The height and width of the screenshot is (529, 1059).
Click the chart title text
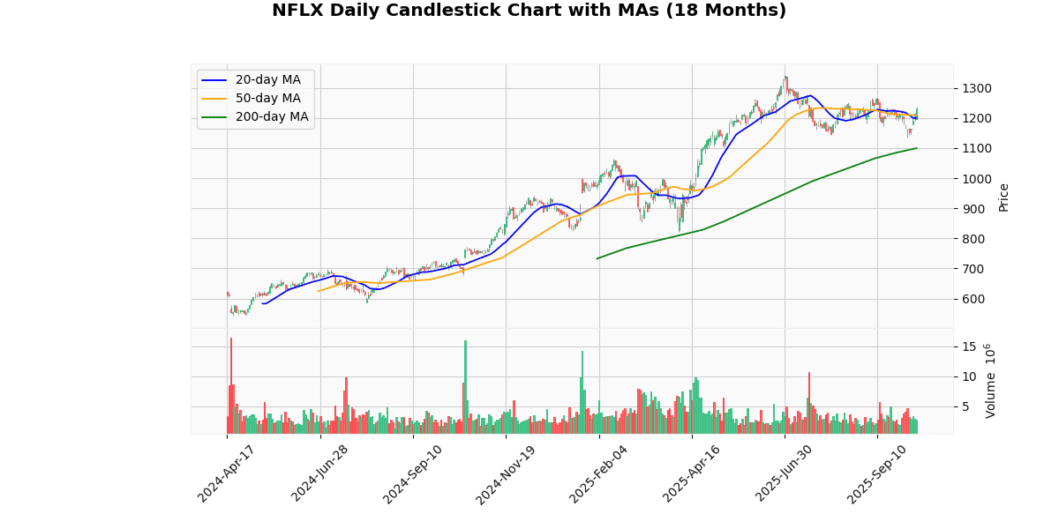tap(529, 11)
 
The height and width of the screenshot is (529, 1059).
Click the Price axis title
tap(1003, 197)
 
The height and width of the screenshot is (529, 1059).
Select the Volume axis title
tap(990, 381)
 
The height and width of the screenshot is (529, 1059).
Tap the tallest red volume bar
tap(231, 385)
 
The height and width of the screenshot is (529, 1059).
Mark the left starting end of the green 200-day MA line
tap(597, 258)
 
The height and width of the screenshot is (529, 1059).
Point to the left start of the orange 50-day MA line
tap(319, 291)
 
